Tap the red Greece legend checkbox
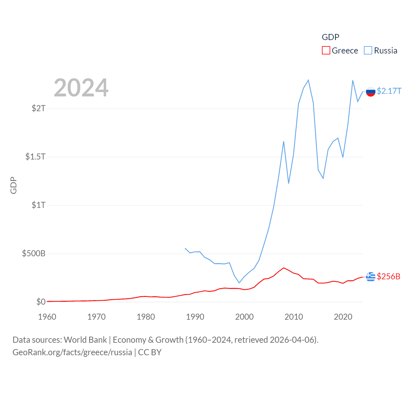click(326, 51)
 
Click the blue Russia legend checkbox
click(368, 51)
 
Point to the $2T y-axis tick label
click(38, 108)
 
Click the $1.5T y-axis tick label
click(35, 157)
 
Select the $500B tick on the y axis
click(34, 254)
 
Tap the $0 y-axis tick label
click(41, 302)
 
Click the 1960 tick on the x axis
click(47, 317)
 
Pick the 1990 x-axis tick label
click(195, 317)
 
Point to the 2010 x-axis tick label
click(294, 317)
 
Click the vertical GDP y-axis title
click(13, 185)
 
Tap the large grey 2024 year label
click(81, 88)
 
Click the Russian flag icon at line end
click(371, 92)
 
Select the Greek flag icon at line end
click(371, 276)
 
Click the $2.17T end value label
click(389, 91)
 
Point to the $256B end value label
click(389, 276)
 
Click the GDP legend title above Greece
click(330, 37)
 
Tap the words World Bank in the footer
click(86, 340)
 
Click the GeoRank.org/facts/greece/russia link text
click(72, 352)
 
